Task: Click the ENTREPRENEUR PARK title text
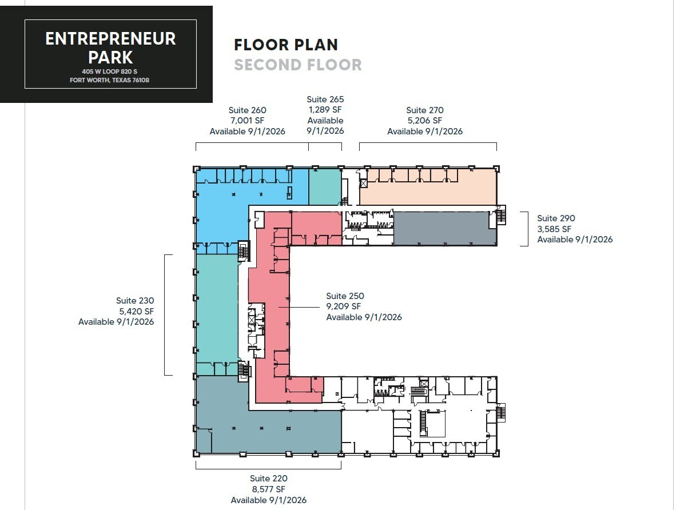coord(110,48)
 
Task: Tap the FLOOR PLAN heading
coord(286,45)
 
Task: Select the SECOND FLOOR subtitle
coord(297,65)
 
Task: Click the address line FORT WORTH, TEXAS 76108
coord(110,80)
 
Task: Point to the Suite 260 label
coord(247,110)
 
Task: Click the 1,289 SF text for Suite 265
coord(325,110)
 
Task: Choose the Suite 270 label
coord(424,110)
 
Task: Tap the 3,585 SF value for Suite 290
coord(554,229)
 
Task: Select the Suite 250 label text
coord(345,296)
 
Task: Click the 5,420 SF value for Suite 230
coord(136,311)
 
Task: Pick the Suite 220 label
coord(268,479)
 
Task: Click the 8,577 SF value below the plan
coord(268,489)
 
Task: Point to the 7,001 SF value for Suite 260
coord(247,121)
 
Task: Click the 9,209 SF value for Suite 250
coord(344,306)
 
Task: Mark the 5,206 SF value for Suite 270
coord(424,121)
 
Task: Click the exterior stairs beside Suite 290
coord(502,217)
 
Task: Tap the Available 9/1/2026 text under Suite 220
coord(268,500)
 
